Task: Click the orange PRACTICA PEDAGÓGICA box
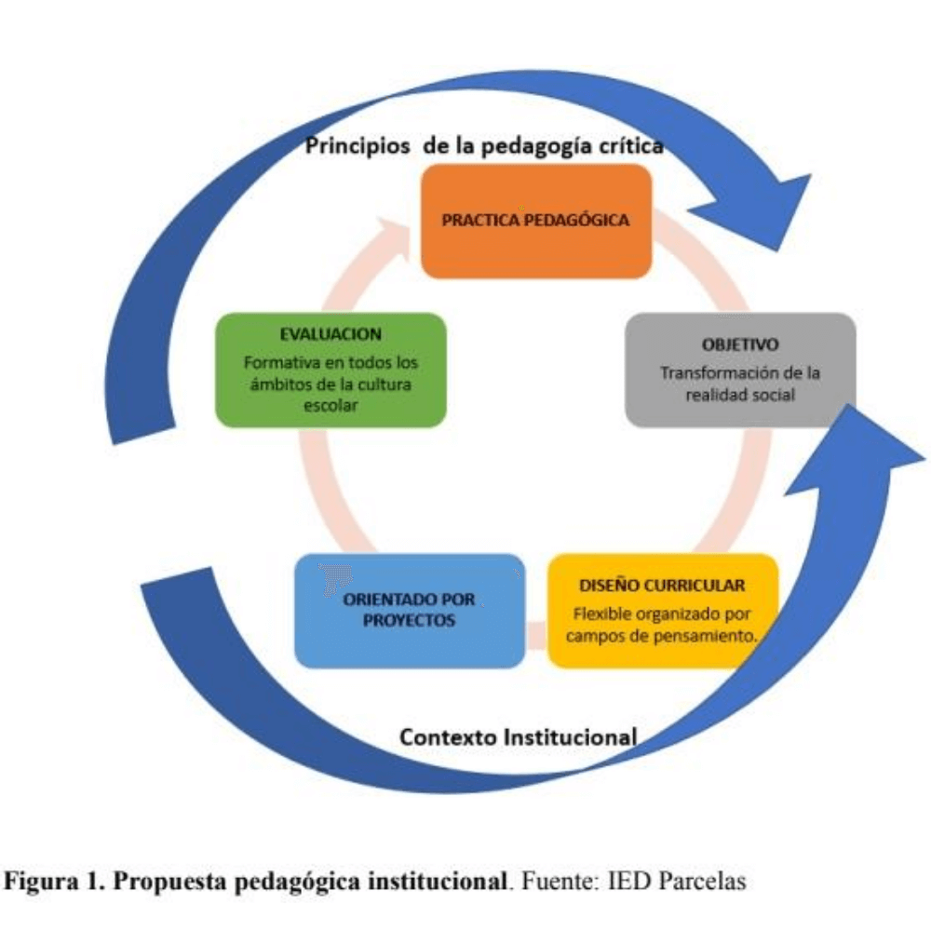click(536, 222)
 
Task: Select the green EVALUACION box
click(331, 370)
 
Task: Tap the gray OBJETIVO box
click(740, 370)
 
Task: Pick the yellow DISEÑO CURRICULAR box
click(663, 611)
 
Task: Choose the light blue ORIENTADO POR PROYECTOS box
click(410, 611)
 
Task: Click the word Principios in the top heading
click(358, 146)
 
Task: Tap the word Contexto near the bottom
click(448, 737)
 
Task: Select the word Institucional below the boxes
click(570, 737)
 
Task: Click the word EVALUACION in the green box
click(331, 334)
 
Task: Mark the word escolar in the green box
click(331, 406)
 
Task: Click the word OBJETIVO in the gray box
click(740, 344)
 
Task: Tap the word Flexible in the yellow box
click(594, 614)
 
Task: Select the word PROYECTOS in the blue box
click(409, 620)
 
